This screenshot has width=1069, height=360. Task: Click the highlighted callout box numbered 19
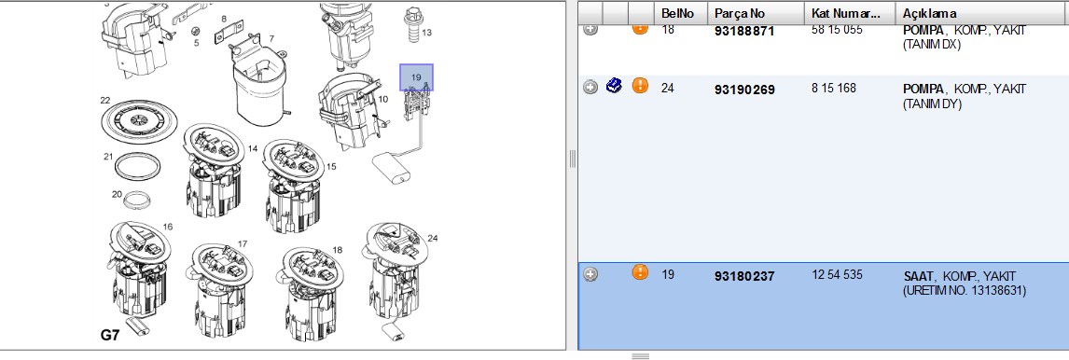(x=416, y=77)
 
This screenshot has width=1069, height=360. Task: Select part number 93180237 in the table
(x=744, y=277)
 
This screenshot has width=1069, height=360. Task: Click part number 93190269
(x=744, y=90)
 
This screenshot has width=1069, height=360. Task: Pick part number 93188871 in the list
(x=744, y=32)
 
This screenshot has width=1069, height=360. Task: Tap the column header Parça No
(x=740, y=13)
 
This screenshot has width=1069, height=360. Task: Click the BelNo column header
(x=677, y=13)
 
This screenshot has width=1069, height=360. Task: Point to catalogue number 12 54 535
(x=838, y=275)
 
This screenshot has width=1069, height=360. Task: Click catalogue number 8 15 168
(x=834, y=88)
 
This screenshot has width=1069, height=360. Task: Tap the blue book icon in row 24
(x=614, y=86)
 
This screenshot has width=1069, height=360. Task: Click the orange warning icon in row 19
(x=640, y=272)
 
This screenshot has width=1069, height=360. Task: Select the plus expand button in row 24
(x=590, y=87)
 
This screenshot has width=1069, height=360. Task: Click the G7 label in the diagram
(x=110, y=335)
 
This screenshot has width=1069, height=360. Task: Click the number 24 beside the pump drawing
(x=432, y=238)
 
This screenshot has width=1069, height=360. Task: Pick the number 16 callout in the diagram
(x=168, y=227)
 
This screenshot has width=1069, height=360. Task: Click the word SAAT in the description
(x=917, y=276)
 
